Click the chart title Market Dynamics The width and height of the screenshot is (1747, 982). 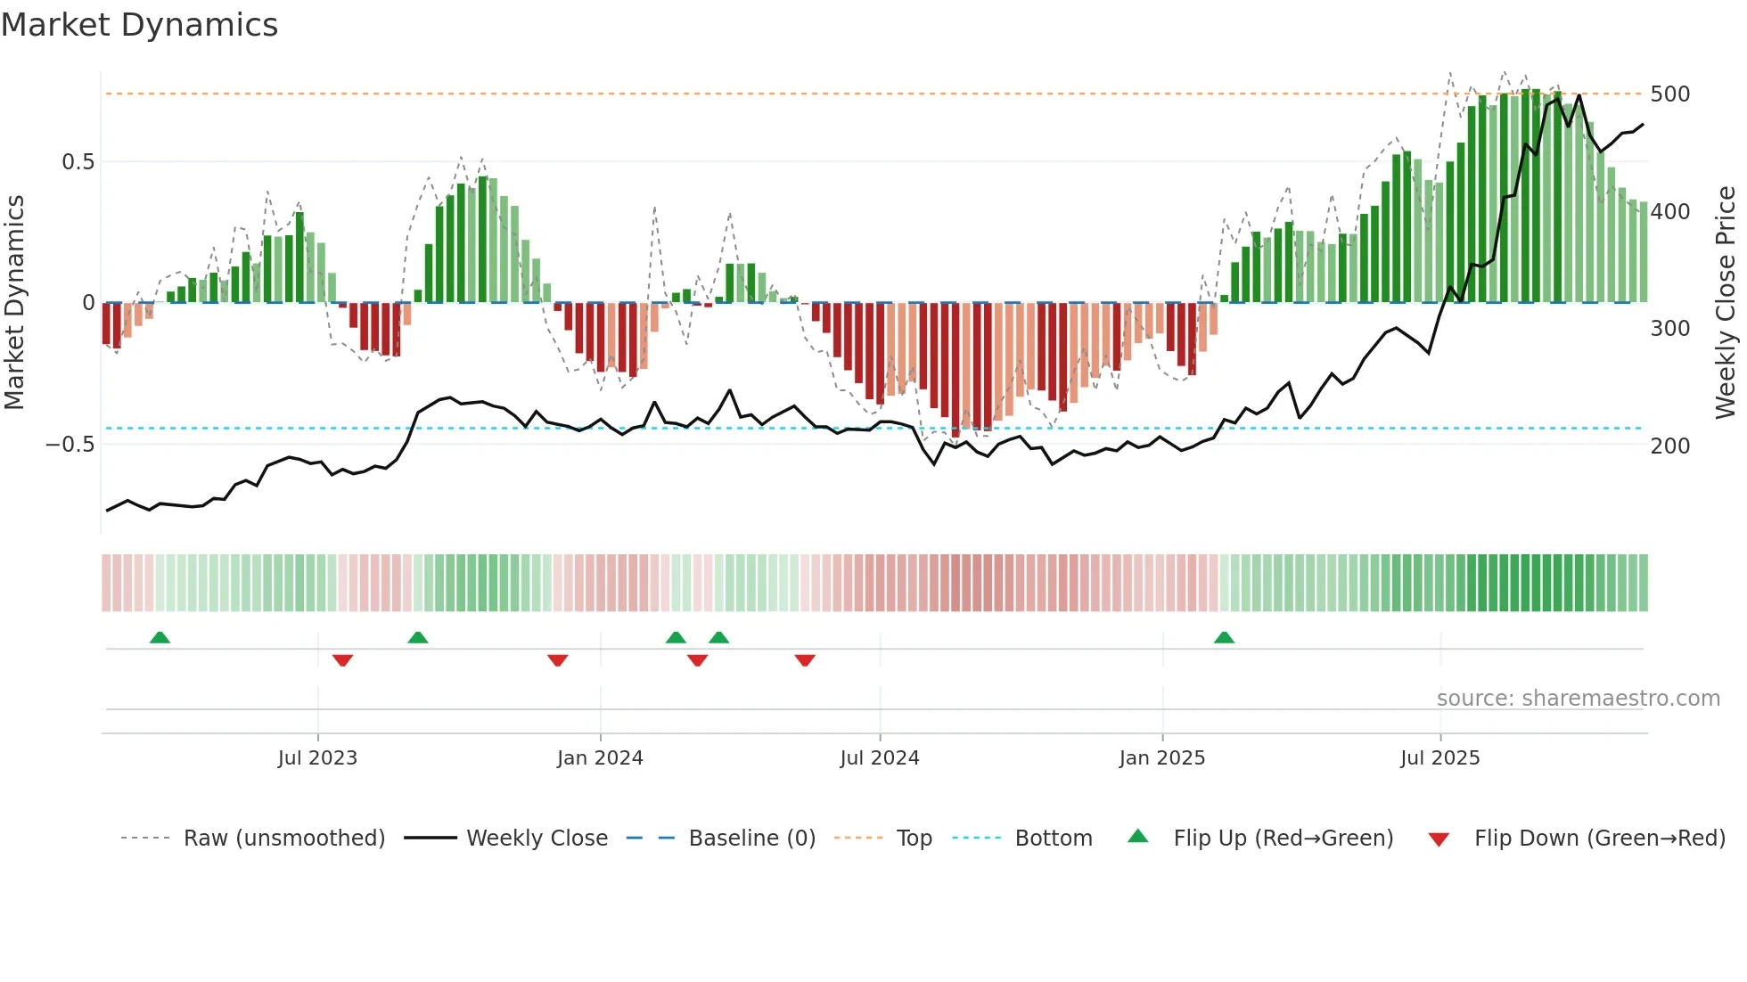pos(140,25)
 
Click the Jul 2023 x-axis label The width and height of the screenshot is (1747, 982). pos(317,758)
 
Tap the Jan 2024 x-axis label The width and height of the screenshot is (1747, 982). pos(600,758)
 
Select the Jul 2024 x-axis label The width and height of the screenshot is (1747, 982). pos(879,758)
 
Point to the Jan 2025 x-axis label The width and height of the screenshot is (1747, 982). pos(1161,758)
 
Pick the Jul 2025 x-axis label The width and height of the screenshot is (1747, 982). pos(1439,758)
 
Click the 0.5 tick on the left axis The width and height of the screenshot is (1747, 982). pos(78,162)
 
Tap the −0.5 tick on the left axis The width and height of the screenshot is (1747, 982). pos(70,445)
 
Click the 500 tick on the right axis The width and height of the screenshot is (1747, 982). pos(1669,94)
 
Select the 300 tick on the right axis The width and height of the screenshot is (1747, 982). pos(1669,329)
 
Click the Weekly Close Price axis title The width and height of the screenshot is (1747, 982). pos(1726,303)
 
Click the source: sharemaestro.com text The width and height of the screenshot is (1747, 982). pos(1578,699)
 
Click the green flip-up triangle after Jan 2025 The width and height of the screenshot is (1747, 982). pos(1224,637)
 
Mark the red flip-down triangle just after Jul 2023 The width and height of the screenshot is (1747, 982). pos(342,660)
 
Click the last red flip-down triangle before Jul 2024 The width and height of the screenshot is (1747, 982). pos(805,660)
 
